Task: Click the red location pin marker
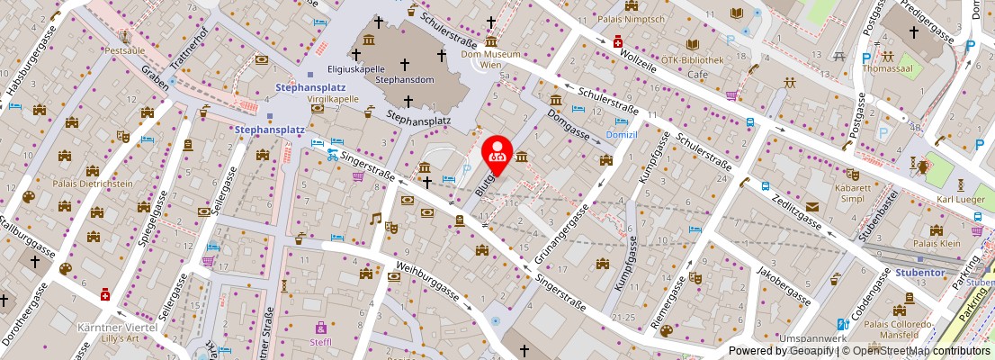(x=497, y=150)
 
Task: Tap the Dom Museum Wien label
(x=491, y=59)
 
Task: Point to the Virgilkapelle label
(x=334, y=100)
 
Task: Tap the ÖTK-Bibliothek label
(x=692, y=60)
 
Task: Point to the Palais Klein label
(x=935, y=243)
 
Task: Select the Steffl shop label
(x=320, y=342)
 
